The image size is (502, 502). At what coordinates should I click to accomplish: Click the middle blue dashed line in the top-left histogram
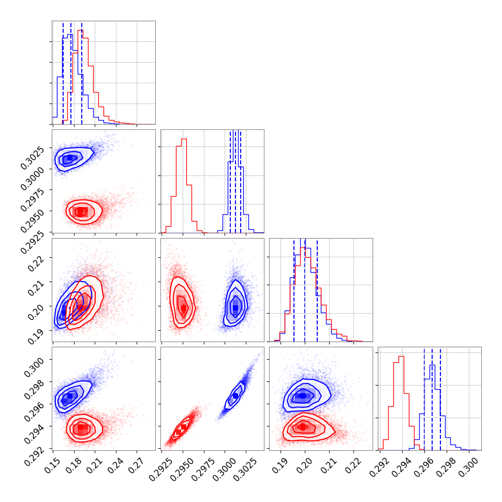tap(71, 72)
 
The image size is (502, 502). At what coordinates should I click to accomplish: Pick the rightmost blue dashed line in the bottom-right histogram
tap(440, 398)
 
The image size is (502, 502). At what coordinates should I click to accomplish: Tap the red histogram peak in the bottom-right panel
tap(402, 356)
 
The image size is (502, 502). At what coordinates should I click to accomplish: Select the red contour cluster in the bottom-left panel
tap(81, 428)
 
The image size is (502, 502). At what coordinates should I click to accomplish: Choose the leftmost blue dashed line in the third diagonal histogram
tap(294, 290)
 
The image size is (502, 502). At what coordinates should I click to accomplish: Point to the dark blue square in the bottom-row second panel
tap(235, 396)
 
